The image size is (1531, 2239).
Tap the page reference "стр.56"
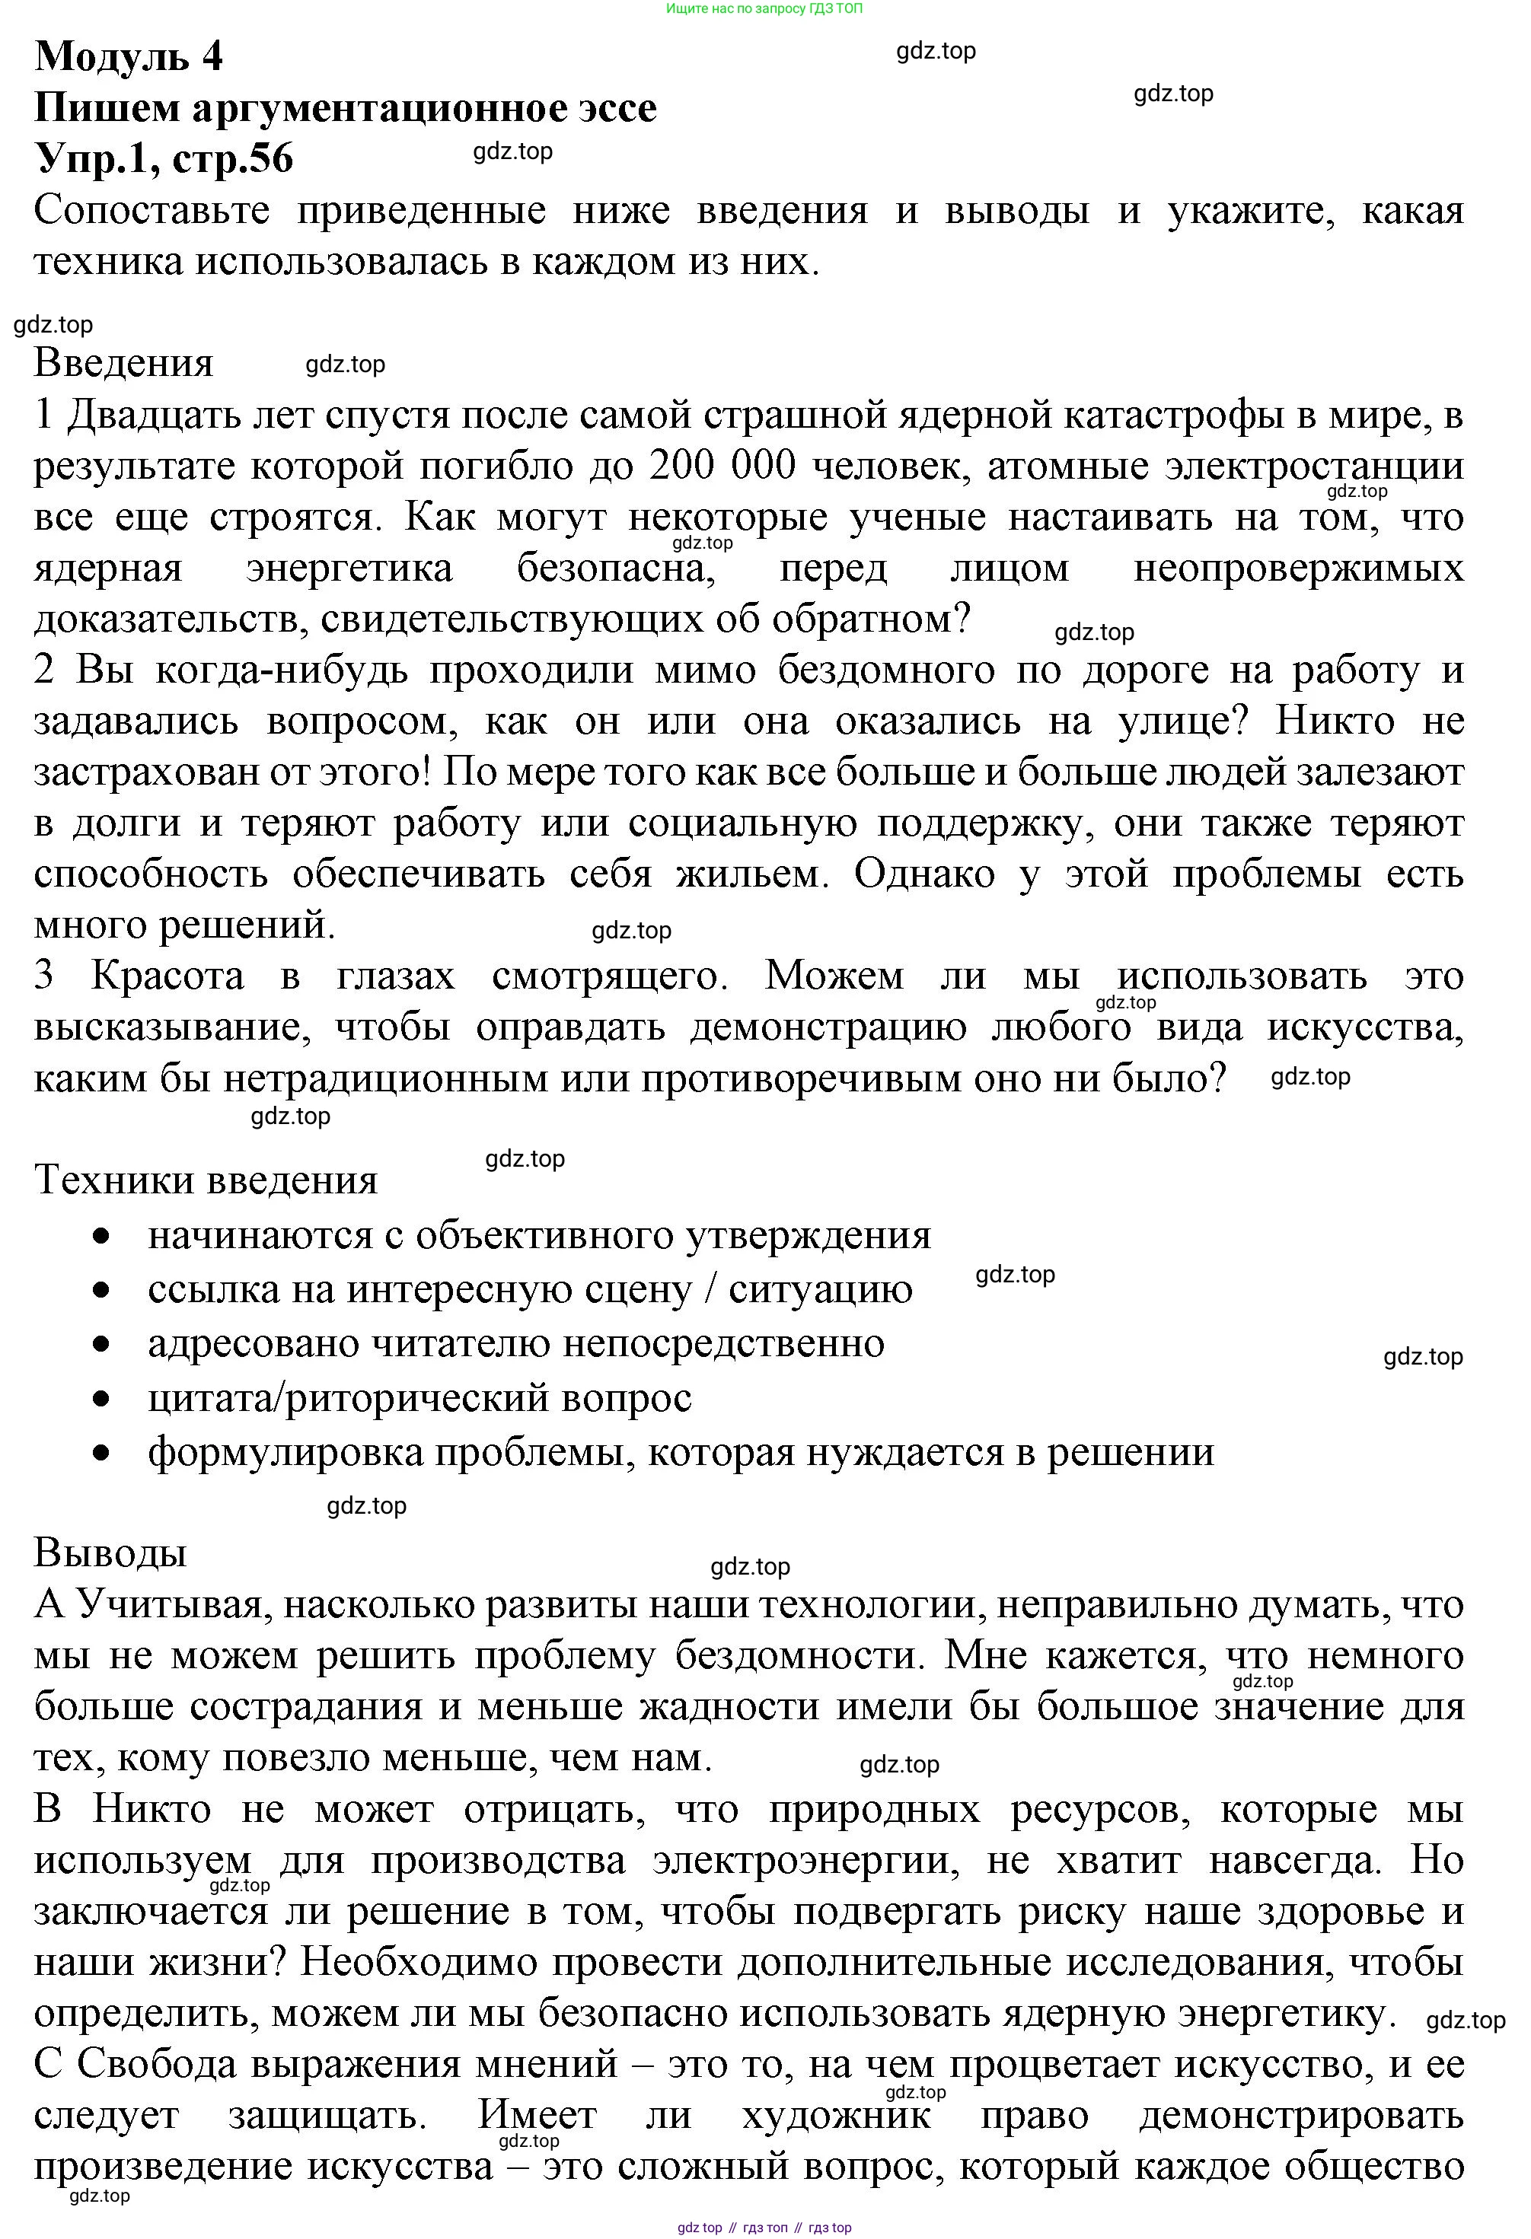pyautogui.click(x=232, y=159)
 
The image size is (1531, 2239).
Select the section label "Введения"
pyautogui.click(x=123, y=363)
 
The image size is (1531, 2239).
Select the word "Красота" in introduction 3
pyautogui.click(x=167, y=976)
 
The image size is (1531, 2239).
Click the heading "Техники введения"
pyautogui.click(x=206, y=1180)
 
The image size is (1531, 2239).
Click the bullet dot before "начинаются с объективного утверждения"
pyautogui.click(x=102, y=1236)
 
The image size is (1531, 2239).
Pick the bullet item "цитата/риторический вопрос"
pyautogui.click(x=419, y=1398)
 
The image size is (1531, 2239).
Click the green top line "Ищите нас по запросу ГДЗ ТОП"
pyautogui.click(x=764, y=8)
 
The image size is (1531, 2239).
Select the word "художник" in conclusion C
pyautogui.click(x=837, y=2115)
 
